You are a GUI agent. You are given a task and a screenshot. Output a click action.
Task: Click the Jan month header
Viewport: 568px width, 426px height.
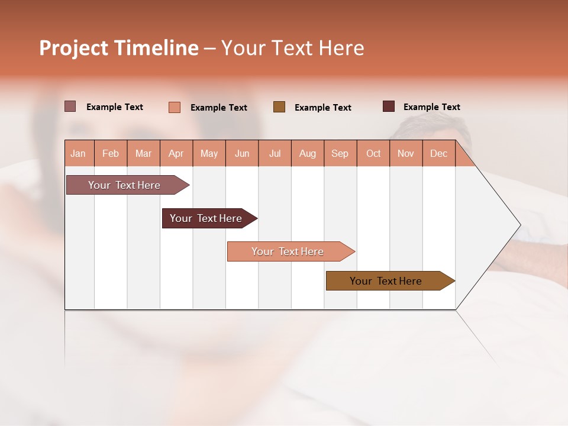pyautogui.click(x=78, y=153)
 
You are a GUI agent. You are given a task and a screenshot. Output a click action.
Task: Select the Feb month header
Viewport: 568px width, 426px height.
pyautogui.click(x=111, y=153)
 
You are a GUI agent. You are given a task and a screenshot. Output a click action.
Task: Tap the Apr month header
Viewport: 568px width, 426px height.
pyautogui.click(x=176, y=153)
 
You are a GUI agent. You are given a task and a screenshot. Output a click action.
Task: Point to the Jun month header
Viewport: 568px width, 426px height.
pyautogui.click(x=242, y=153)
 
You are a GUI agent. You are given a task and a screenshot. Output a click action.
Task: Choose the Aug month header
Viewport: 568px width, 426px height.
pyautogui.click(x=308, y=153)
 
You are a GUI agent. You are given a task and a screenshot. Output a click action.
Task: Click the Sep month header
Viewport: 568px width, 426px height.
pyautogui.click(x=340, y=153)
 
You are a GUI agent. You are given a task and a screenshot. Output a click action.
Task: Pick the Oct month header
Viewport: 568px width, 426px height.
pyautogui.click(x=373, y=153)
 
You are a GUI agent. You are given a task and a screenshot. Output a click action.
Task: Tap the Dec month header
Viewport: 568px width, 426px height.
pyautogui.click(x=439, y=153)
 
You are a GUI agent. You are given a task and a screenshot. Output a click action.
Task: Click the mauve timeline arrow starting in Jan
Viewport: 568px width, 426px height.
pyautogui.click(x=124, y=185)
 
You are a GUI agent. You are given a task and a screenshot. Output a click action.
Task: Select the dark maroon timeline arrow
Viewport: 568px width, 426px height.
pyautogui.click(x=206, y=218)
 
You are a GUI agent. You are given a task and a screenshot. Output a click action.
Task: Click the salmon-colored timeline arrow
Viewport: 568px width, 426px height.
pyautogui.click(x=288, y=251)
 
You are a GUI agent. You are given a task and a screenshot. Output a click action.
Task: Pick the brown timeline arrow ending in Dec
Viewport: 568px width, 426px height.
pyautogui.click(x=386, y=281)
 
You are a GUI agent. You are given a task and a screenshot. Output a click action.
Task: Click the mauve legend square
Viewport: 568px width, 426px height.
pyautogui.click(x=70, y=106)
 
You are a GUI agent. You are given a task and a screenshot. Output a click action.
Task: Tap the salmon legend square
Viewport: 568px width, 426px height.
pyautogui.click(x=174, y=107)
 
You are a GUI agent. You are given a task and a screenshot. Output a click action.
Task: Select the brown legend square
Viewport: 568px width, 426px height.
pyautogui.click(x=279, y=106)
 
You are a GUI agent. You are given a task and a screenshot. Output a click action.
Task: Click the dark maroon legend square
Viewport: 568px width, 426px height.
pyautogui.click(x=389, y=106)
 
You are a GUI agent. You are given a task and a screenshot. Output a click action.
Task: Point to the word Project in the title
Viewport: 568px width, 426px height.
pyautogui.click(x=73, y=48)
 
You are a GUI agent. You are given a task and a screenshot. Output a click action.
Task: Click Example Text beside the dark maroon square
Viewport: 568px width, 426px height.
pyautogui.click(x=431, y=106)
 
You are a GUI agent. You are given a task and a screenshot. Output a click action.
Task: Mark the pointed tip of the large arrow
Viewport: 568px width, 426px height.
pyautogui.click(x=520, y=225)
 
